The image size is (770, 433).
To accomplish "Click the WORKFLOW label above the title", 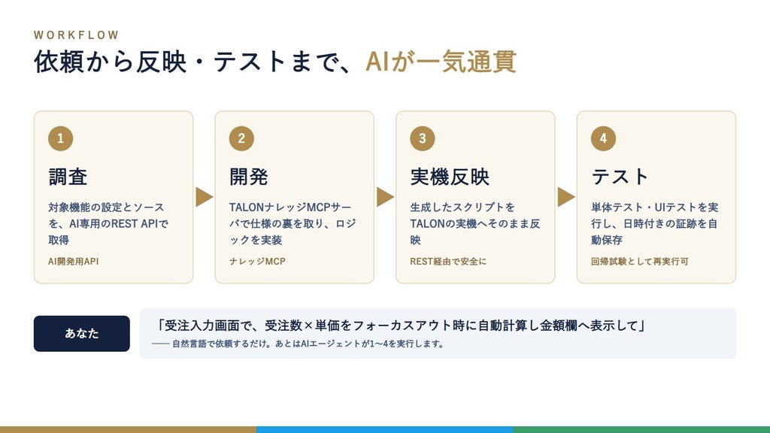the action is coord(76,35).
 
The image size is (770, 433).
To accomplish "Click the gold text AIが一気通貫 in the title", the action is coord(441,62).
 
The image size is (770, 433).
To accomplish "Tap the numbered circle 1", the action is coord(60,138).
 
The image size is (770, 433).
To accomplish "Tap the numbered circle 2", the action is coord(241,138).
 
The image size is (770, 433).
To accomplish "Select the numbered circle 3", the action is coord(423,138).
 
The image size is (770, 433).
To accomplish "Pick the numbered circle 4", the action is coord(604,138).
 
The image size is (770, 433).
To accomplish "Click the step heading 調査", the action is coord(68,177).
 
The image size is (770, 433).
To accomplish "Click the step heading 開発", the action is coord(248,177).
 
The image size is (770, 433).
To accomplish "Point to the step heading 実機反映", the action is coord(450,177).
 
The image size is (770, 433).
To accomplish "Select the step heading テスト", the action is coord(620,177).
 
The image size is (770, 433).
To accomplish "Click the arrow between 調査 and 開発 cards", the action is coord(205,197).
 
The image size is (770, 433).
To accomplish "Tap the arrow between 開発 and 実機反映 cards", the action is coord(386,197).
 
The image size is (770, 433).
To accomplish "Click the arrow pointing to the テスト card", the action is coord(566,197).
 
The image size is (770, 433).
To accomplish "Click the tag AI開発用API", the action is coord(73,261).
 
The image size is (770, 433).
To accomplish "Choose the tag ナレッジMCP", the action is coord(257,261).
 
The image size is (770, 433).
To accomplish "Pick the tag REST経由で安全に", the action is coord(448,261).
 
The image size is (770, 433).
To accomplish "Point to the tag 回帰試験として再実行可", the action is coord(639,261).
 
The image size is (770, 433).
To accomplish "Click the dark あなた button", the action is coord(81,333).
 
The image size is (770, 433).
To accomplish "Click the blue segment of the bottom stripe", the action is coord(384,429).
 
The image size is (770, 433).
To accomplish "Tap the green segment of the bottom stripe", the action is coord(641,429).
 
